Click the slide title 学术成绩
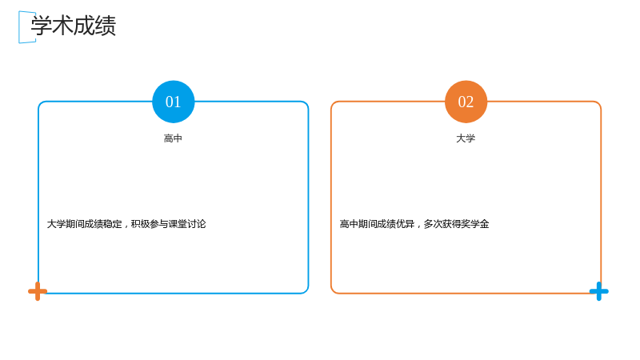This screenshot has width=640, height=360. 74,26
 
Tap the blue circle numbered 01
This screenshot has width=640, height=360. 173,102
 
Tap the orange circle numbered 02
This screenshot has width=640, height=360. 466,102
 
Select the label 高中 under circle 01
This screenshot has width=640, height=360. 173,138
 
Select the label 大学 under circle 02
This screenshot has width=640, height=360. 466,138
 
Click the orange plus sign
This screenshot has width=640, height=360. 38,291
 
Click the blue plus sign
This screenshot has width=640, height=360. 598,291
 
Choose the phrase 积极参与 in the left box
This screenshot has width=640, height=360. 150,224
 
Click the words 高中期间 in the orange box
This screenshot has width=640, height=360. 358,224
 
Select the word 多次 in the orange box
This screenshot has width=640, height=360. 433,224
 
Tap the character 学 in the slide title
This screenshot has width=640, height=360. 42,26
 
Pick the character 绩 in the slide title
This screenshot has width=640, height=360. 106,26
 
